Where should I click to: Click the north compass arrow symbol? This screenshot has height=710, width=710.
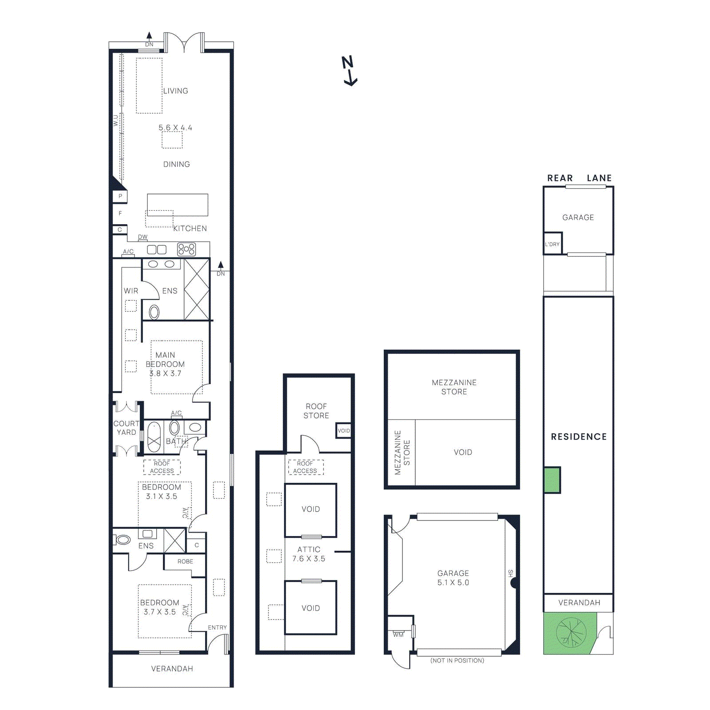(x=350, y=71)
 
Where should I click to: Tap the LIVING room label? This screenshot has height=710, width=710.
(x=175, y=91)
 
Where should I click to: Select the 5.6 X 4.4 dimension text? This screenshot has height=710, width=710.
(x=175, y=128)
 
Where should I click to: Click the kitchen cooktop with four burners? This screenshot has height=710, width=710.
(x=186, y=249)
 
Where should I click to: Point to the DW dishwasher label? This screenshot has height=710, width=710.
(x=142, y=237)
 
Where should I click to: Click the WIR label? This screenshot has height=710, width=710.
(x=131, y=291)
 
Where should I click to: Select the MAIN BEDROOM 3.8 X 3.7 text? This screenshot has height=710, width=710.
(x=165, y=364)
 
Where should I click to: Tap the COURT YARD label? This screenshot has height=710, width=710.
(x=126, y=428)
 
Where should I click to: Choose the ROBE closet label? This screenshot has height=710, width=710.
(x=185, y=561)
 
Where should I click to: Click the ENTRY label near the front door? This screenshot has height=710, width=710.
(x=217, y=627)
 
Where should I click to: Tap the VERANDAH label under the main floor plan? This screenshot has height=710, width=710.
(x=172, y=669)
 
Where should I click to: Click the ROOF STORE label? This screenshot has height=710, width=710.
(x=316, y=411)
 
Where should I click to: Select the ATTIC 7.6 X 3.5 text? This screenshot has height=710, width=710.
(x=309, y=554)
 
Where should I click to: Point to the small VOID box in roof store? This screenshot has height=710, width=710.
(x=343, y=430)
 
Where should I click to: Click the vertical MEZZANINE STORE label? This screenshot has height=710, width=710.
(x=402, y=453)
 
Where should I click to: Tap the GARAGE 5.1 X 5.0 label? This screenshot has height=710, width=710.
(x=453, y=578)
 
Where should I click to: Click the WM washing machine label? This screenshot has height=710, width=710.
(x=398, y=635)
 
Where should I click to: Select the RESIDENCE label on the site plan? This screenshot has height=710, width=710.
(x=579, y=437)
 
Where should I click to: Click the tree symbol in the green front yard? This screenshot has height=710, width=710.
(x=571, y=632)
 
